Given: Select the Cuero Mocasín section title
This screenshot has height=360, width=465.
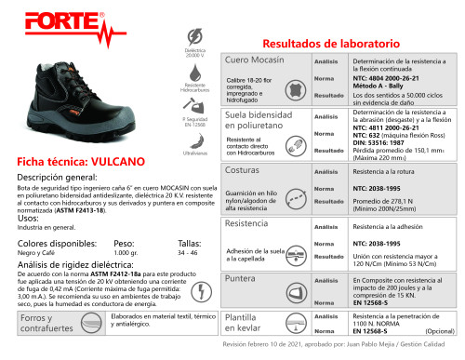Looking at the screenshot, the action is [x=257, y=60].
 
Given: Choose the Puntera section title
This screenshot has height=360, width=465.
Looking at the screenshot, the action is [x=241, y=277].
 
